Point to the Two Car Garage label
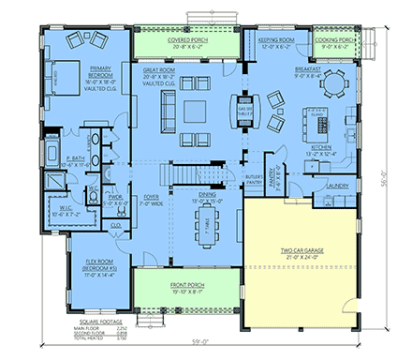pos(302,250)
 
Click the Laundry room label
pos(338,187)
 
